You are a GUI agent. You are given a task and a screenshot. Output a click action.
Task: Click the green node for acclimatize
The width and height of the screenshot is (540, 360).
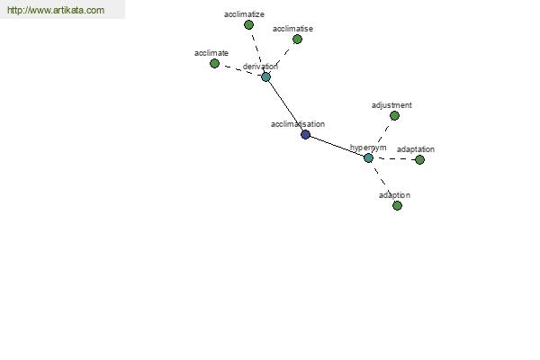pos(248,25)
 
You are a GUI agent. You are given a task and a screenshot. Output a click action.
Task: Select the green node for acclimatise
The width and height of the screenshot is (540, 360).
pos(297,40)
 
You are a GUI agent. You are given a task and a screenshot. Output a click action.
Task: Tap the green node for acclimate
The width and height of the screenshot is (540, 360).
pos(214,63)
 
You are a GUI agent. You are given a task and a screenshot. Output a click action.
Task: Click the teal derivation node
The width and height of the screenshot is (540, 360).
pos(265,76)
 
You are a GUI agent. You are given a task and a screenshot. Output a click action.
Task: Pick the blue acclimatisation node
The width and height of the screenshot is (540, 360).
pos(305,134)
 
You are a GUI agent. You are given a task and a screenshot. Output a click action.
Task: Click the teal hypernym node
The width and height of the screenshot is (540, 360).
pos(368,158)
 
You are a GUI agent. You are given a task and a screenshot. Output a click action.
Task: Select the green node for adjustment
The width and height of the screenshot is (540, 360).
pos(395,116)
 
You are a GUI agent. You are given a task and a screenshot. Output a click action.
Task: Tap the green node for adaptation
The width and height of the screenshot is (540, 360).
pos(419,160)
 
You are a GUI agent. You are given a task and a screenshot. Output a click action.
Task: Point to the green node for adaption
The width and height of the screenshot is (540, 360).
pos(397,206)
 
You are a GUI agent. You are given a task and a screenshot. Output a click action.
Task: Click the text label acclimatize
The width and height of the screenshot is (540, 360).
pos(244,14)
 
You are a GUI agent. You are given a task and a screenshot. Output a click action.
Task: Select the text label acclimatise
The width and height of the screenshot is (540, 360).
pos(292,29)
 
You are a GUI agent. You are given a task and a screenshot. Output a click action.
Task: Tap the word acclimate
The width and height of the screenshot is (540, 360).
pos(211,53)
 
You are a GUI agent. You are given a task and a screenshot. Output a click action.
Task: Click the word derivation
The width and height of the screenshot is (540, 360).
pos(260,67)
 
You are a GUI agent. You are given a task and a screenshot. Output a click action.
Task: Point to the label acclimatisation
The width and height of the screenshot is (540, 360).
pos(298,124)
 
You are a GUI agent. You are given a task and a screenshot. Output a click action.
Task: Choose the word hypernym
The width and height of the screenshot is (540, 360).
pos(368,148)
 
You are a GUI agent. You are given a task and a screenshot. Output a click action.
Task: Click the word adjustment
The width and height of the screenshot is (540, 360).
pos(391,105)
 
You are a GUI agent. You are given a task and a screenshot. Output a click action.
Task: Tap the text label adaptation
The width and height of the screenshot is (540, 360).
pos(416,149)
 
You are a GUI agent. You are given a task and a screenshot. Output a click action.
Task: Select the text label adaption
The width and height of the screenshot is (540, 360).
pos(395,195)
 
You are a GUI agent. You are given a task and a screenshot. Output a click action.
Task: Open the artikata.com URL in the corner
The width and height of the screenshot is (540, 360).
pos(56,10)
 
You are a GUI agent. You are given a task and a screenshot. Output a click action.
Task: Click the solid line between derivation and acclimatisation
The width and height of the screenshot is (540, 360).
pos(285,106)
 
